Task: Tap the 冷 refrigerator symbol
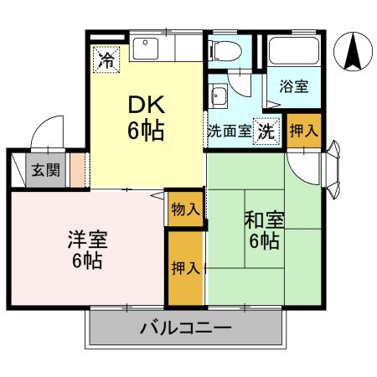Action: (x=106, y=59)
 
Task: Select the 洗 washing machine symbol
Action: (x=266, y=132)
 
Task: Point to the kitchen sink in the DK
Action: (x=151, y=49)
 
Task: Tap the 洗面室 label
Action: (x=229, y=132)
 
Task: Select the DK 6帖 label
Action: (x=146, y=117)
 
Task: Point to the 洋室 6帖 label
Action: (x=85, y=249)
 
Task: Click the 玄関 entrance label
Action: (x=46, y=170)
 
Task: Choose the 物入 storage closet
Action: (x=184, y=209)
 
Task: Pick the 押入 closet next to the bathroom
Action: (x=302, y=132)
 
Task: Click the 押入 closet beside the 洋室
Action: (x=185, y=268)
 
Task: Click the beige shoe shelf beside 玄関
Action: (x=77, y=170)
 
